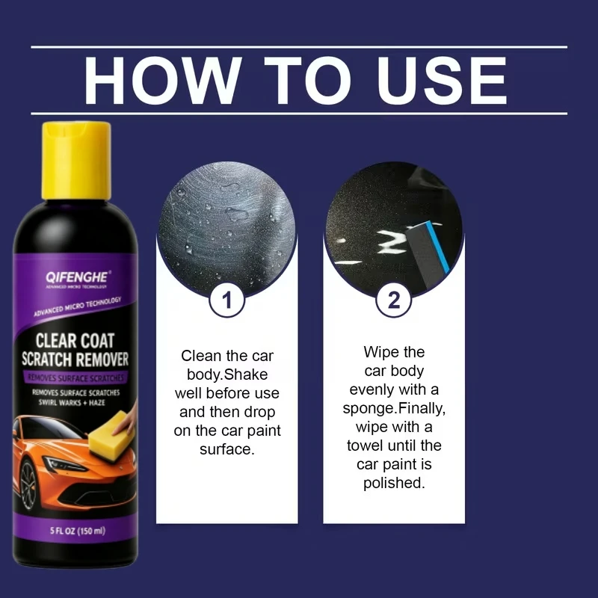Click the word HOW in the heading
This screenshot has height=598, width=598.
(x=163, y=81)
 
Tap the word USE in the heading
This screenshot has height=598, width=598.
(x=442, y=81)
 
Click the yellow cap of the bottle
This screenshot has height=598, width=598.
(x=76, y=160)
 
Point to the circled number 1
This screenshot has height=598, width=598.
(x=227, y=300)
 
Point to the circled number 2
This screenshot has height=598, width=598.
(x=394, y=300)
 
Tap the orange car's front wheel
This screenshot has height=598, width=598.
(x=28, y=484)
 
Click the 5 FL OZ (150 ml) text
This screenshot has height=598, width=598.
(x=78, y=531)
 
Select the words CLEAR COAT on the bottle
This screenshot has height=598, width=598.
(x=75, y=341)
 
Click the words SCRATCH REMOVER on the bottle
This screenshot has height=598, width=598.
(x=75, y=360)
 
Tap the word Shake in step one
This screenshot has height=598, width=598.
(x=246, y=374)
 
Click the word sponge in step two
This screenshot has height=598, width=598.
(x=369, y=409)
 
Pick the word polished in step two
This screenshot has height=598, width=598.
(x=394, y=483)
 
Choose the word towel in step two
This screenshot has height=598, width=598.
(x=366, y=445)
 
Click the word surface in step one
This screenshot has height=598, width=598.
(x=227, y=449)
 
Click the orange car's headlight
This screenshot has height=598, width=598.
(x=64, y=463)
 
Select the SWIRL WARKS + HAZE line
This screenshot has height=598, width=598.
(x=72, y=402)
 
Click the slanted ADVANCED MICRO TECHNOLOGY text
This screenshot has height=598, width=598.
(x=78, y=306)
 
